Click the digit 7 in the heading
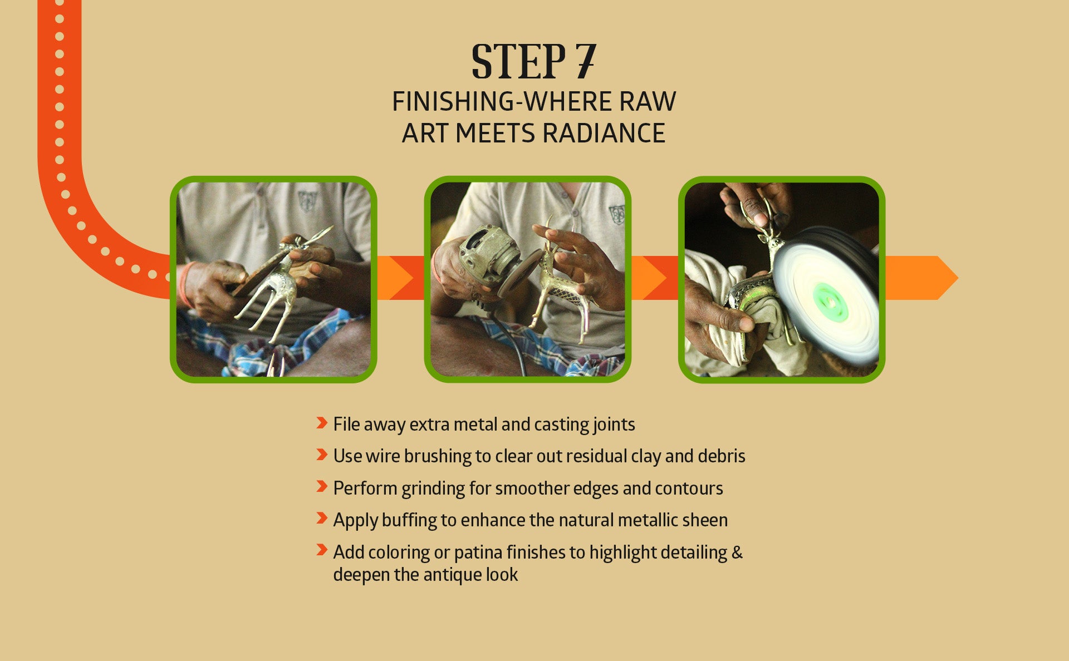click(x=586, y=61)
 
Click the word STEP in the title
click(x=518, y=61)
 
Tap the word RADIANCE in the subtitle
click(x=604, y=134)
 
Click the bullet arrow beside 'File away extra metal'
click(x=321, y=423)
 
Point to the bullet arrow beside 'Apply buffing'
click(x=321, y=519)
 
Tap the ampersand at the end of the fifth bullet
click(x=737, y=552)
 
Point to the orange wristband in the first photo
click(x=185, y=284)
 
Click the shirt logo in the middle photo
click(x=616, y=214)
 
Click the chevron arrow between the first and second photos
click(x=401, y=278)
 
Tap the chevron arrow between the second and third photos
click(x=655, y=278)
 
